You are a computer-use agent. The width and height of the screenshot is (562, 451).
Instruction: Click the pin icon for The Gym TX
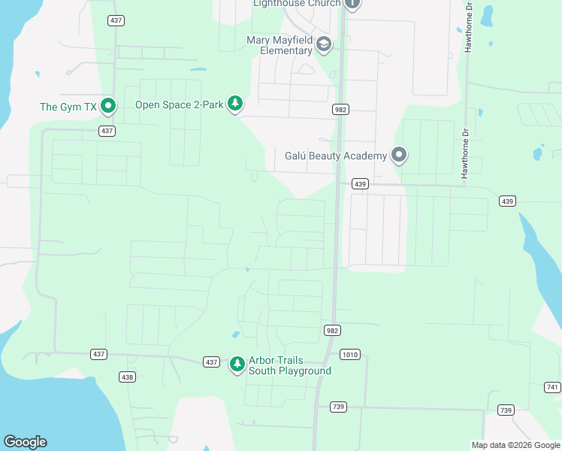[x=107, y=106]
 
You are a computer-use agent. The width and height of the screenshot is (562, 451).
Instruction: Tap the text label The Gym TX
[x=68, y=107]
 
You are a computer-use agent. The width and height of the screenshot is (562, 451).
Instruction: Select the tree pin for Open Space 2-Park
[x=235, y=104]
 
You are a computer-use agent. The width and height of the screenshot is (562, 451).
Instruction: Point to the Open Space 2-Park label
[x=179, y=104]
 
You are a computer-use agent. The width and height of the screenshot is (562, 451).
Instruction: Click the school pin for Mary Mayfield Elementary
[x=324, y=45]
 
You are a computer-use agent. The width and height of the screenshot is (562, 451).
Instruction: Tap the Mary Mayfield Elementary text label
[x=279, y=45]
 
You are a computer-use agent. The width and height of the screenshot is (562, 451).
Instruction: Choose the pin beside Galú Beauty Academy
[x=399, y=156]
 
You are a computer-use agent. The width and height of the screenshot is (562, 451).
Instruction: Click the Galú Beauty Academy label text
[x=336, y=156]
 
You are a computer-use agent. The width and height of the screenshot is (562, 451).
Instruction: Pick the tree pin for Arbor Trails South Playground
[x=237, y=365]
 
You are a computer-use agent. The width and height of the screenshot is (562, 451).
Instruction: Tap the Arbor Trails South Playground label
[x=289, y=365]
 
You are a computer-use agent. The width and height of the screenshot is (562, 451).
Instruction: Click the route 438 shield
[x=128, y=377]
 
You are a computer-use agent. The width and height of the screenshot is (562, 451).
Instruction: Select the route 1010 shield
[x=349, y=354]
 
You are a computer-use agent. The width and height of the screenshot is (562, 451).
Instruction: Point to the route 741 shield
[x=553, y=386]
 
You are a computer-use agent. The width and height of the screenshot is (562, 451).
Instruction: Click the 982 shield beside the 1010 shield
[x=333, y=331]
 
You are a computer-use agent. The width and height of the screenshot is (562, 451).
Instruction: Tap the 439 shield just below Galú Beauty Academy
[x=360, y=184]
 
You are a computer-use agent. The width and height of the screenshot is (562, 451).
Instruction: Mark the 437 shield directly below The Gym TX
[x=107, y=131]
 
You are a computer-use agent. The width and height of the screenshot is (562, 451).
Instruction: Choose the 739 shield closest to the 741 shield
[x=506, y=410]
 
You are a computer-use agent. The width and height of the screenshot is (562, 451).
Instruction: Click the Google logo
[x=25, y=442]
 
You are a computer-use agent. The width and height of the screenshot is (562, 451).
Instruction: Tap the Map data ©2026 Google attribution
[x=515, y=445]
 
